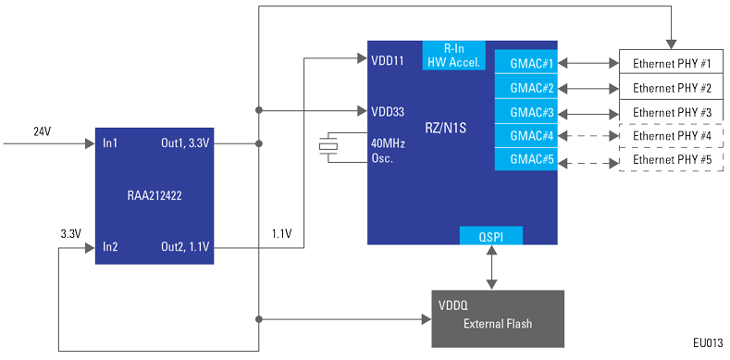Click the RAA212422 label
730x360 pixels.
pyautogui.click(x=155, y=195)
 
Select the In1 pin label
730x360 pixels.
pyautogui.click(x=110, y=143)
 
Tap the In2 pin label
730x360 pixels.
pyautogui.click(x=110, y=247)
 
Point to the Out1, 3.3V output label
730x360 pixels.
pyautogui.click(x=185, y=143)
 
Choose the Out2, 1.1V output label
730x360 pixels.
pyautogui.click(x=185, y=248)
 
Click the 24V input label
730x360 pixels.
pyautogui.click(x=43, y=131)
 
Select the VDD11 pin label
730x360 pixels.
pyautogui.click(x=388, y=61)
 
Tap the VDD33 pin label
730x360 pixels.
pyautogui.click(x=388, y=112)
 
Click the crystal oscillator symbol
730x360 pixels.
pyautogui.click(x=328, y=147)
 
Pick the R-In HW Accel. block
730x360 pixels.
pyautogui.click(x=454, y=56)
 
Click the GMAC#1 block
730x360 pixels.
pyautogui.click(x=526, y=62)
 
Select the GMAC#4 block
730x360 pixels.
pyautogui.click(x=526, y=136)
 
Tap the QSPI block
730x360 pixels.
pyautogui.click(x=491, y=236)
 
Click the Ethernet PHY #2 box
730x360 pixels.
pyautogui.click(x=672, y=87)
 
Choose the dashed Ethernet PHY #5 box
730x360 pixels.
pyautogui.click(x=672, y=160)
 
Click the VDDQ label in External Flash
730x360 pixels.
pyautogui.click(x=453, y=306)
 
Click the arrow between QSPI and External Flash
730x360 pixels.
pyautogui.click(x=491, y=267)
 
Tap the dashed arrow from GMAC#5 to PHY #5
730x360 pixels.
pyautogui.click(x=588, y=163)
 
